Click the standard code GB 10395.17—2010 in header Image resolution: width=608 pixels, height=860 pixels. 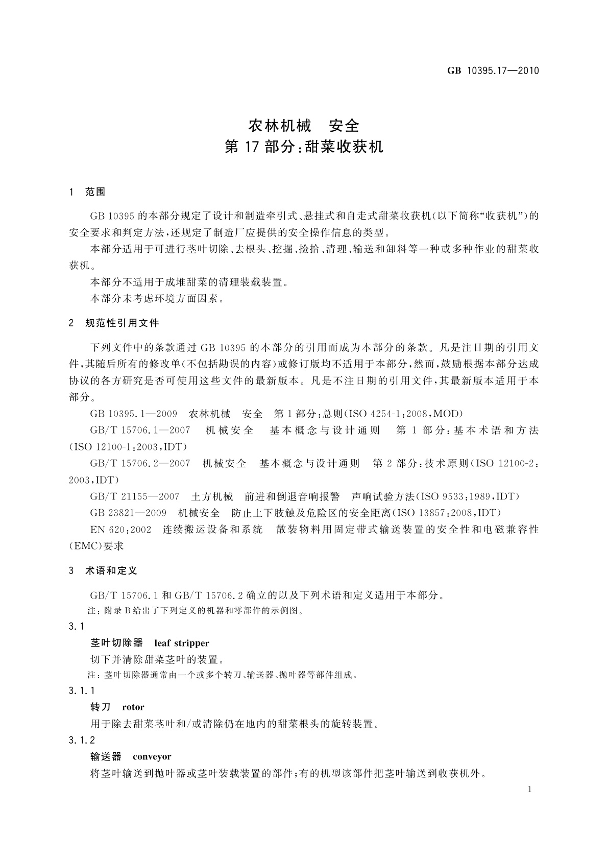coord(493,71)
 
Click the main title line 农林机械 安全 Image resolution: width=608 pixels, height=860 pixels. coord(304,125)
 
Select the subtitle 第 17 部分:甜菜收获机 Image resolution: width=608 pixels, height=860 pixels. coord(304,148)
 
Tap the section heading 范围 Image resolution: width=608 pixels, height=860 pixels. coord(95,192)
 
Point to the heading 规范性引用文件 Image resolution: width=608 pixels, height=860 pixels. coord(122,323)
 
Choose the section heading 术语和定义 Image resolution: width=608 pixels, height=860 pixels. coord(111,571)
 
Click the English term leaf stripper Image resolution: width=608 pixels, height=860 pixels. coord(182,643)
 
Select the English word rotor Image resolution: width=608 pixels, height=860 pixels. coord(133,707)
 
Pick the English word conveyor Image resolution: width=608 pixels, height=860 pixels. coord(152,757)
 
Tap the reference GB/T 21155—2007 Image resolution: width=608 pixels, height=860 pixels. coord(135,496)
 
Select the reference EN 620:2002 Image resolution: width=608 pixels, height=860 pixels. coord(120,530)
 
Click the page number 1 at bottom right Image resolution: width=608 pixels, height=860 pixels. coord(529,790)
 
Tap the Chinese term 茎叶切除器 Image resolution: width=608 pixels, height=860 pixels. coord(116,643)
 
